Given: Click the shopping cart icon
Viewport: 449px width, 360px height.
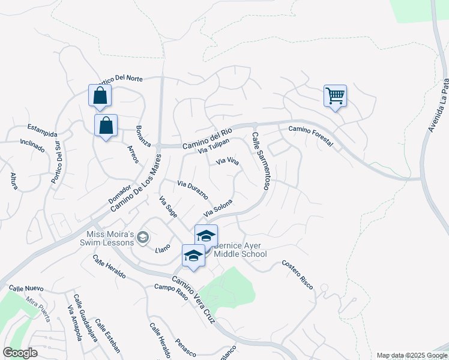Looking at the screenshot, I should pos(335,95).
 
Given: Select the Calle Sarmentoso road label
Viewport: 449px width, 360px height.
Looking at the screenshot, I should pos(262,161).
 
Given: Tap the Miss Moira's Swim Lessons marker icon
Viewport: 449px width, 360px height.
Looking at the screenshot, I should pos(142,238).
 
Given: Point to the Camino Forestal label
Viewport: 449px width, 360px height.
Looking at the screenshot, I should pos(310,129).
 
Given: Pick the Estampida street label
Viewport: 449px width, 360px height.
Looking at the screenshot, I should pos(42,129).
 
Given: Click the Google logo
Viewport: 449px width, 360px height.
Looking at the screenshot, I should pos(20,352).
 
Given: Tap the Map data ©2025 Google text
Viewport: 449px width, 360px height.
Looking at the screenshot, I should pos(411,355).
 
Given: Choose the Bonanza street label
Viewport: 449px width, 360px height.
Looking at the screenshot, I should pos(143,137).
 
